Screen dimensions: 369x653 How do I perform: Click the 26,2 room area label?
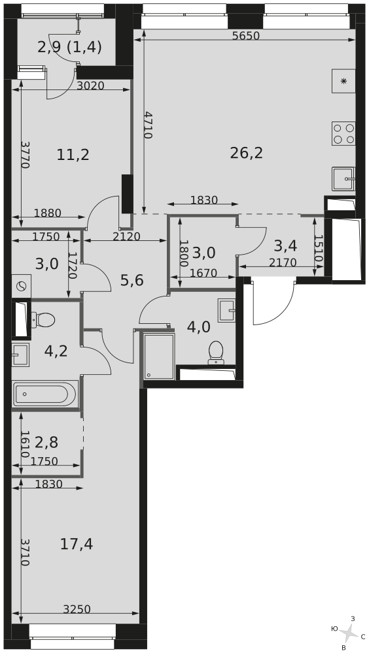point(246,153)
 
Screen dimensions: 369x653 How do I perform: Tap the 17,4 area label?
point(77,544)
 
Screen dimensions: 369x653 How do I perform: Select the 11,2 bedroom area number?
point(73,155)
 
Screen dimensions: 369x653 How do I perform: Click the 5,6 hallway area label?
point(132,281)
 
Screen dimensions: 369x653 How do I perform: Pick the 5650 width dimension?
point(246,36)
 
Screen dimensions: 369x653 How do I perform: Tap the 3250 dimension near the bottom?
point(77,609)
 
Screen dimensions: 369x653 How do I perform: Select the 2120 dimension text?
point(126,236)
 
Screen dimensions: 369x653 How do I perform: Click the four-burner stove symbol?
point(343,133)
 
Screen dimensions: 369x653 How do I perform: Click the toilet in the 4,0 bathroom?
point(216,352)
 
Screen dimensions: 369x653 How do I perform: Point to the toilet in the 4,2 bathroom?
point(43,320)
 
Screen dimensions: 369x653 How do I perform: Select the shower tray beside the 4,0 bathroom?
point(159,357)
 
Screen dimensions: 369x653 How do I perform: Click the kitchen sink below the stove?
point(343,179)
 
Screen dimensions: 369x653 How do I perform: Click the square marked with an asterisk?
point(343,81)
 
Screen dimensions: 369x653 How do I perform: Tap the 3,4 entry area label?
point(285,246)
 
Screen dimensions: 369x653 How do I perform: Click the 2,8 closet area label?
point(46,442)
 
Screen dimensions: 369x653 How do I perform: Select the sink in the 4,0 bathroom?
point(226,311)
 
